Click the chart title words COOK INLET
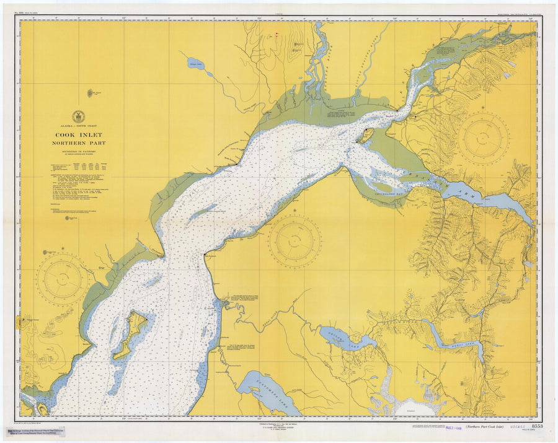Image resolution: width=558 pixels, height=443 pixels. (78, 134)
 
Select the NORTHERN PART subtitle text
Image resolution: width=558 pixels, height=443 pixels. (78, 142)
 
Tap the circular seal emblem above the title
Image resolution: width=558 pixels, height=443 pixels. (78, 116)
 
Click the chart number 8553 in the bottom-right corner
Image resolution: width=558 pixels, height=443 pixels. (537, 426)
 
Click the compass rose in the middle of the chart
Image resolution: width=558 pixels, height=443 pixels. (294, 240)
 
